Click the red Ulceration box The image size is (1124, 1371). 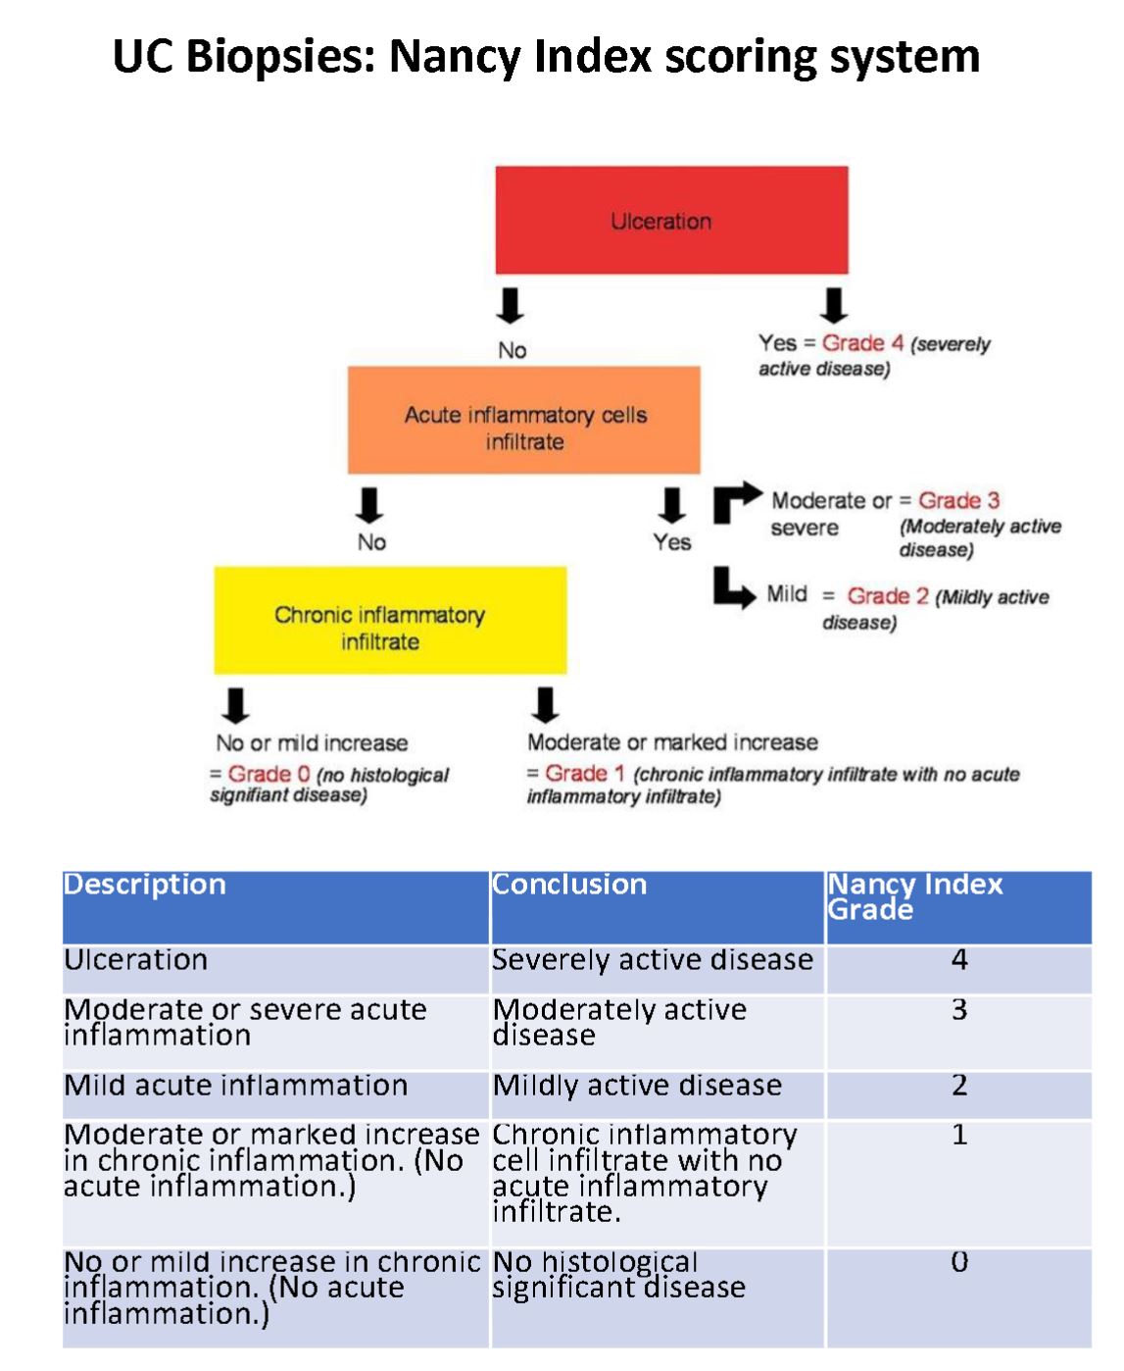pyautogui.click(x=671, y=220)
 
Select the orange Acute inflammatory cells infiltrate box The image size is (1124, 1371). pyautogui.click(x=524, y=421)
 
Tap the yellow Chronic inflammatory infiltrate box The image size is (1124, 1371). pyautogui.click(x=390, y=620)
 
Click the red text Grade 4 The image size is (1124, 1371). pyautogui.click(x=862, y=343)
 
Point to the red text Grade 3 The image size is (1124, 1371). pyautogui.click(x=958, y=500)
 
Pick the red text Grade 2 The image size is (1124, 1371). pyautogui.click(x=888, y=596)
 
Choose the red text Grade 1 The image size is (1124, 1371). pyautogui.click(x=584, y=774)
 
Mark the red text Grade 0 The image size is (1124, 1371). pyautogui.click(x=269, y=775)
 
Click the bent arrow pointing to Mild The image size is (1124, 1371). pyautogui.click(x=734, y=587)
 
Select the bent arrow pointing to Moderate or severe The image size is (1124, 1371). pyautogui.click(x=735, y=501)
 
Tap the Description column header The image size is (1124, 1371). pyautogui.click(x=145, y=885)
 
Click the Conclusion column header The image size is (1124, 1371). pyautogui.click(x=569, y=885)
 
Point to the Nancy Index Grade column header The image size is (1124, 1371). pyautogui.click(x=914, y=896)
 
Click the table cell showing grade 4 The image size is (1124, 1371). pyautogui.click(x=958, y=960)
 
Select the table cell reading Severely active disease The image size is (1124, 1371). pyautogui.click(x=653, y=960)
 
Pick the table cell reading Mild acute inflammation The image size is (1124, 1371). pyautogui.click(x=236, y=1086)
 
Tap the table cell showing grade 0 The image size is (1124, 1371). pyautogui.click(x=958, y=1262)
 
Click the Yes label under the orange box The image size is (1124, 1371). pyautogui.click(x=672, y=542)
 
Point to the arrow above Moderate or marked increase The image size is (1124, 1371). pyautogui.click(x=545, y=705)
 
